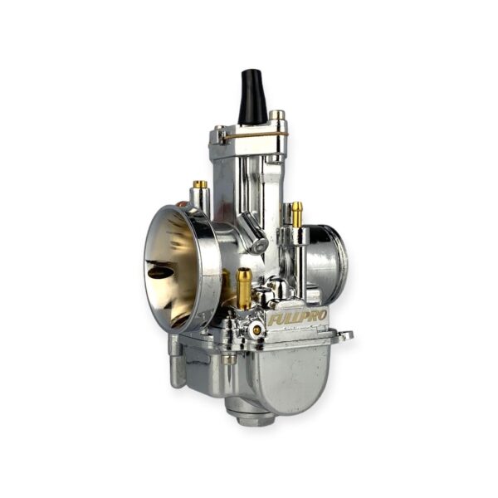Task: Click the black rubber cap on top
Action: coord(252,96)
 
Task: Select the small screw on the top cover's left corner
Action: coord(221,129)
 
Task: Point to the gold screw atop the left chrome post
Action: coord(200,184)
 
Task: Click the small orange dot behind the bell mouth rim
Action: coord(182,204)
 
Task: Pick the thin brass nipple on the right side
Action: coord(297,214)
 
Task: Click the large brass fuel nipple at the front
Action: coord(244,288)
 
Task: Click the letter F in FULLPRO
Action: coord(273,320)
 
